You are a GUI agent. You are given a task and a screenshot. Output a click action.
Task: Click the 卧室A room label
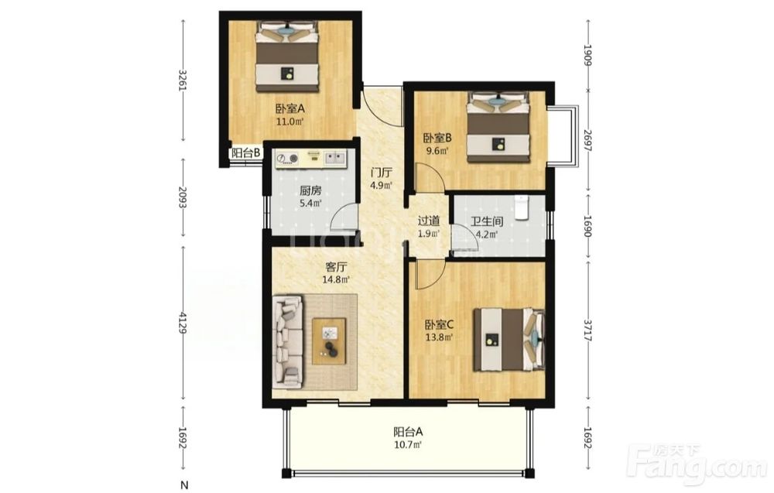coord(290,108)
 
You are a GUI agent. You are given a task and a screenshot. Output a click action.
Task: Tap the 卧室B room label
coord(437,138)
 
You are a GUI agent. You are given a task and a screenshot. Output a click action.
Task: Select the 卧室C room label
coord(440,325)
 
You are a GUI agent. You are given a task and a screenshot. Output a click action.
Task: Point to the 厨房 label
coord(310,190)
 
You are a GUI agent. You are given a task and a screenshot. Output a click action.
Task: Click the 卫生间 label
coord(486,221)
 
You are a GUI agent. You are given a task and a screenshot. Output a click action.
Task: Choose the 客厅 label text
coord(336,267)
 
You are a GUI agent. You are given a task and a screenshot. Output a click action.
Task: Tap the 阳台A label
coord(408,432)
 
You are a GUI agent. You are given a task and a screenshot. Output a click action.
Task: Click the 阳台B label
coord(246,153)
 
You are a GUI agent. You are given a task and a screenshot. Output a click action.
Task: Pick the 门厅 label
coord(382,173)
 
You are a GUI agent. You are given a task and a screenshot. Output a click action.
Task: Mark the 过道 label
coord(429,221)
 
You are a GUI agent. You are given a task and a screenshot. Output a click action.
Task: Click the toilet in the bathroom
coord(521,207)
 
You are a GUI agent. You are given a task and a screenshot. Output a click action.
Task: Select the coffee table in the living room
coord(329,341)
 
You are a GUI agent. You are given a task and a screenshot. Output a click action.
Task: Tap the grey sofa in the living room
coord(288,341)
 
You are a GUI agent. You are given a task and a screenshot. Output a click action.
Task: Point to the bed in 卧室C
coord(509,340)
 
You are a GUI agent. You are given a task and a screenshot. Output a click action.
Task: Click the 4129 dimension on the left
coord(183,323)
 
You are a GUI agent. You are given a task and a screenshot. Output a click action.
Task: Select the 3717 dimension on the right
coord(587,330)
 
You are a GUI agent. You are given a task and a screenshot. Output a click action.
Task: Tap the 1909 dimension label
coord(587,55)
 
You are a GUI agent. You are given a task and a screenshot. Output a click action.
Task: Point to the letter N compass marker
coord(184,485)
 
